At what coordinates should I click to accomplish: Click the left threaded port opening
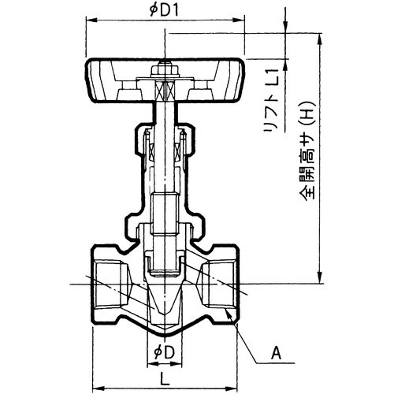(102, 280)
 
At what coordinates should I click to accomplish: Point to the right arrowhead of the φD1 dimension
(243, 23)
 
